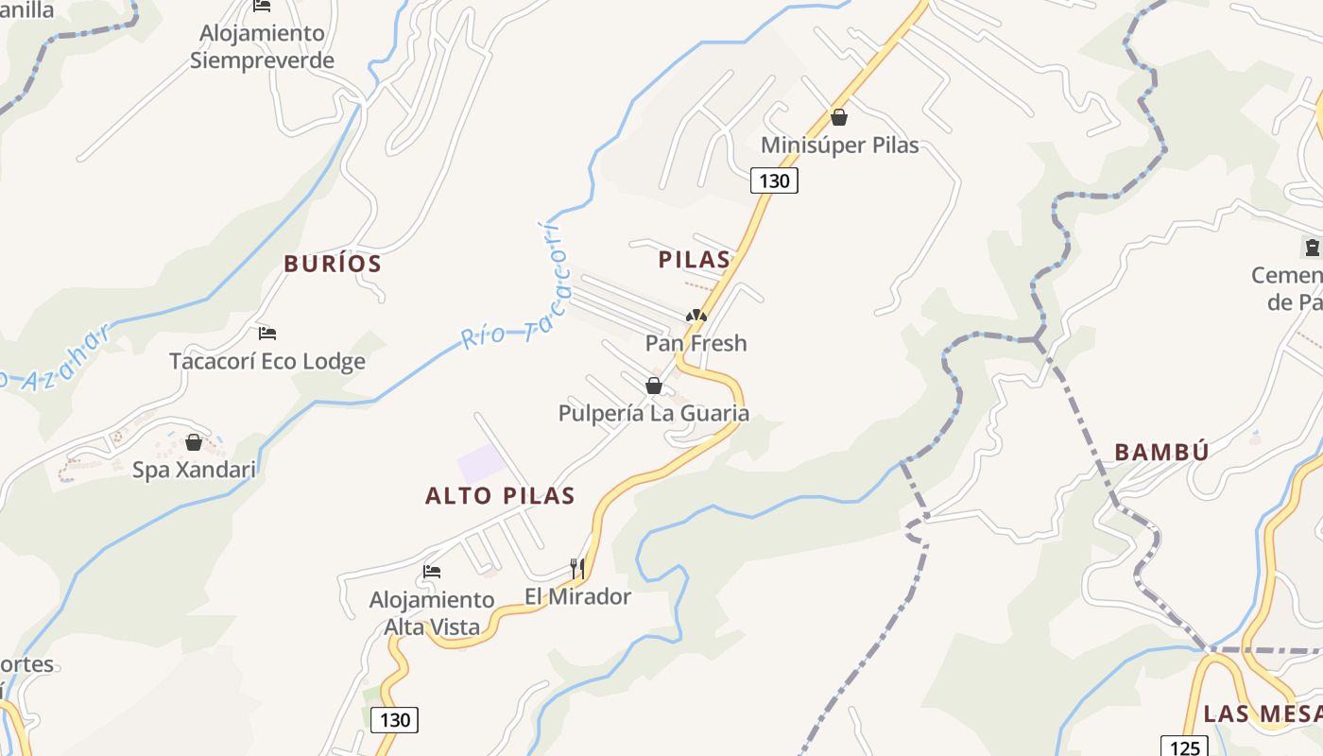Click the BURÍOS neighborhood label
click(x=333, y=264)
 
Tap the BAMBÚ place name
click(x=1161, y=452)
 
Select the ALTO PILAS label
click(x=500, y=495)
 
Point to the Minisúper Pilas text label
click(x=839, y=146)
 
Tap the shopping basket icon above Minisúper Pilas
click(x=838, y=117)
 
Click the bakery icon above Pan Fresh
click(x=696, y=316)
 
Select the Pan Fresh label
click(x=696, y=343)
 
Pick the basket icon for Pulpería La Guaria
click(x=653, y=386)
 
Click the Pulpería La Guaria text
click(x=653, y=413)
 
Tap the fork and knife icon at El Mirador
click(x=576, y=568)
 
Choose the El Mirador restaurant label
click(x=577, y=596)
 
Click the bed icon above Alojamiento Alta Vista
click(x=432, y=572)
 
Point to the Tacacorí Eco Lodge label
click(x=266, y=361)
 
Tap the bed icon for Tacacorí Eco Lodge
click(x=267, y=334)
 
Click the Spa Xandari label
click(x=194, y=470)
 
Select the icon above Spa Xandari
click(x=194, y=442)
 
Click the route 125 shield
click(x=1184, y=747)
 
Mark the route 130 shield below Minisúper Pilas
click(x=774, y=180)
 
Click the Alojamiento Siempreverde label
click(x=262, y=47)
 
